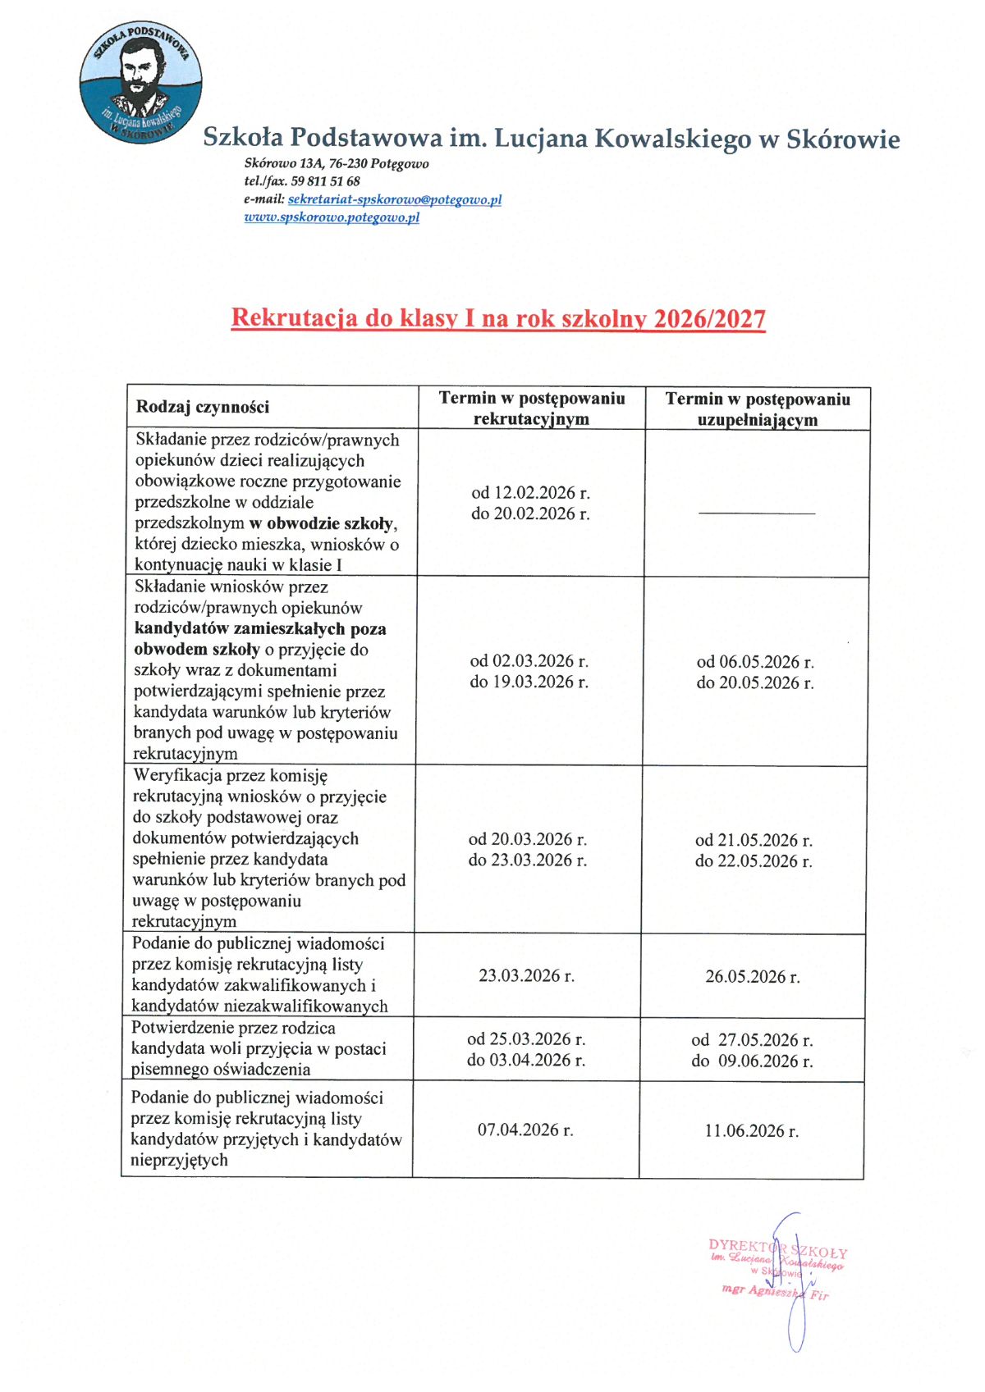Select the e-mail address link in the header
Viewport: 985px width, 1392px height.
point(394,199)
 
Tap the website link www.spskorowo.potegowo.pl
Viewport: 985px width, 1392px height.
point(332,217)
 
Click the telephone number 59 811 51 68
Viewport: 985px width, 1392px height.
point(325,181)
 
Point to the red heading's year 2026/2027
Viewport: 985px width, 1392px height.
point(709,318)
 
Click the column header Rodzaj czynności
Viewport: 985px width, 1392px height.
point(203,407)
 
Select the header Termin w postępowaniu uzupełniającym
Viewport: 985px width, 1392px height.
point(758,409)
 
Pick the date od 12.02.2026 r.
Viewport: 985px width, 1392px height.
point(530,493)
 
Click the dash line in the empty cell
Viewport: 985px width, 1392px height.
point(757,513)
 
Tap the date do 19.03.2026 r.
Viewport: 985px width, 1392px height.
point(529,682)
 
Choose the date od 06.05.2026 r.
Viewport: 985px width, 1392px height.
point(755,662)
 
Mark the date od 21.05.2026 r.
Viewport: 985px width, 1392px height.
point(754,840)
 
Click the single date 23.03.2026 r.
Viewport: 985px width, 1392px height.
point(526,975)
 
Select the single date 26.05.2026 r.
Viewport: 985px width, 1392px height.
point(752,976)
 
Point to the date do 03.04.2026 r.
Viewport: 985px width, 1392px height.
point(526,1060)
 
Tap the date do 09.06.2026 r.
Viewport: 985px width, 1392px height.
point(752,1061)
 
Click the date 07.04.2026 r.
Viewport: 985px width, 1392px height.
point(525,1130)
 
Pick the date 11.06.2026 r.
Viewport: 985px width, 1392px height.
point(751,1130)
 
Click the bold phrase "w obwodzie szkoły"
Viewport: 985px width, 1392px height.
point(323,523)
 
